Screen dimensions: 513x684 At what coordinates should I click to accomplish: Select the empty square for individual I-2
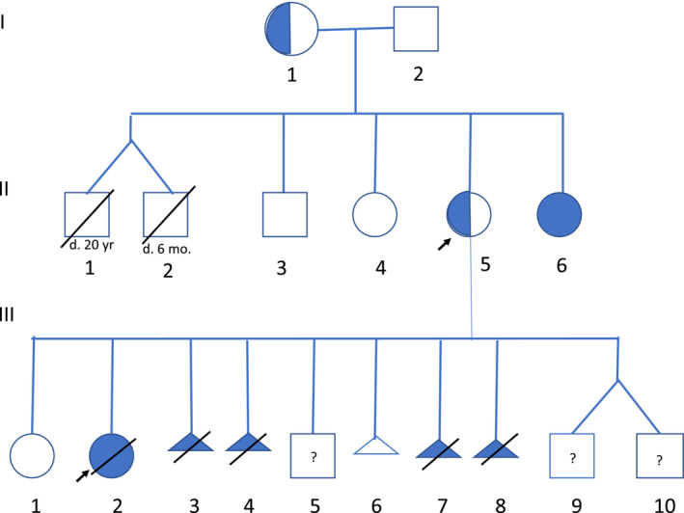417,29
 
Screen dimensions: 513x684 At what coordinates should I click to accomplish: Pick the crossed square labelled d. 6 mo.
165,214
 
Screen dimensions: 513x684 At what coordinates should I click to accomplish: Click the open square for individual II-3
285,214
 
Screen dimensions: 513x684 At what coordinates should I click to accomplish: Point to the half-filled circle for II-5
469,214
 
